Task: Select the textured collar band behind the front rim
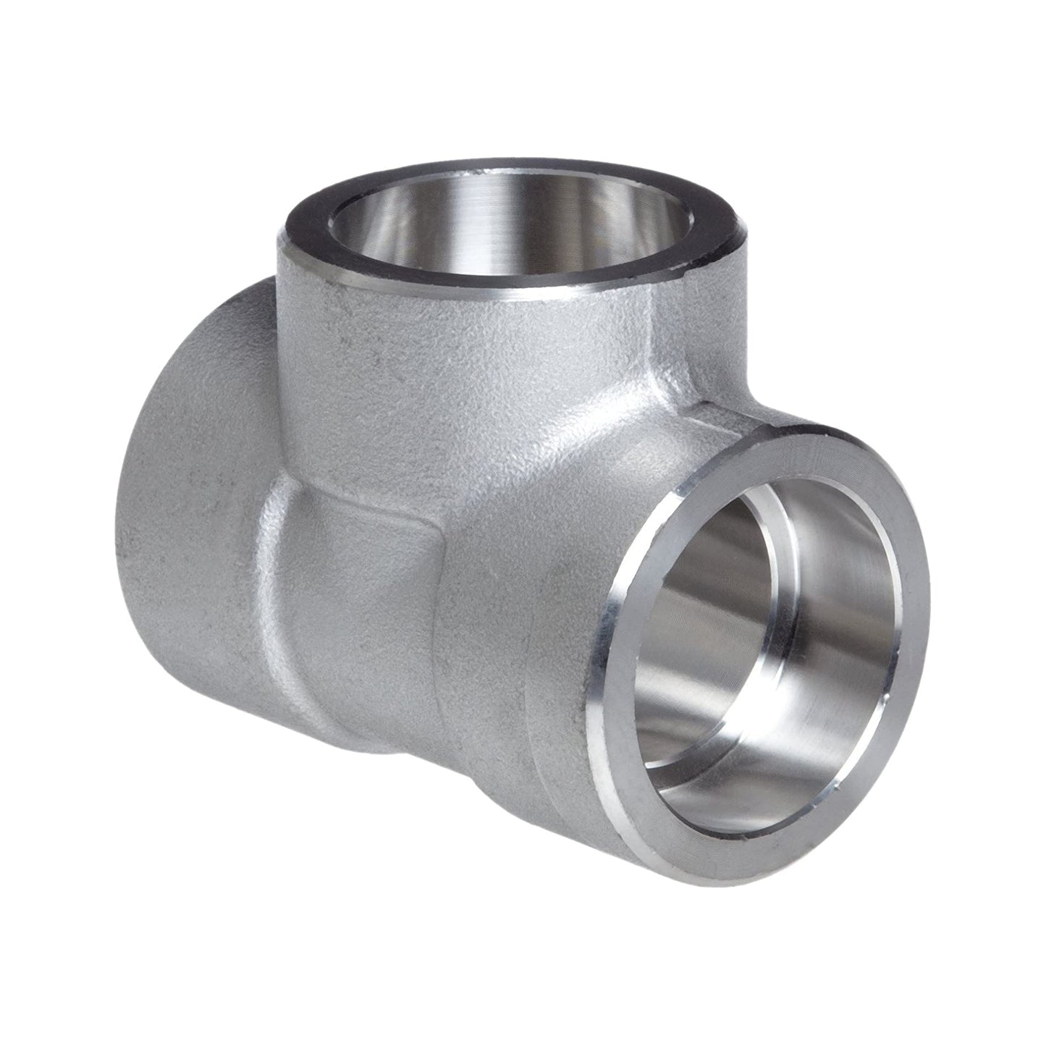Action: pos(557,651)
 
